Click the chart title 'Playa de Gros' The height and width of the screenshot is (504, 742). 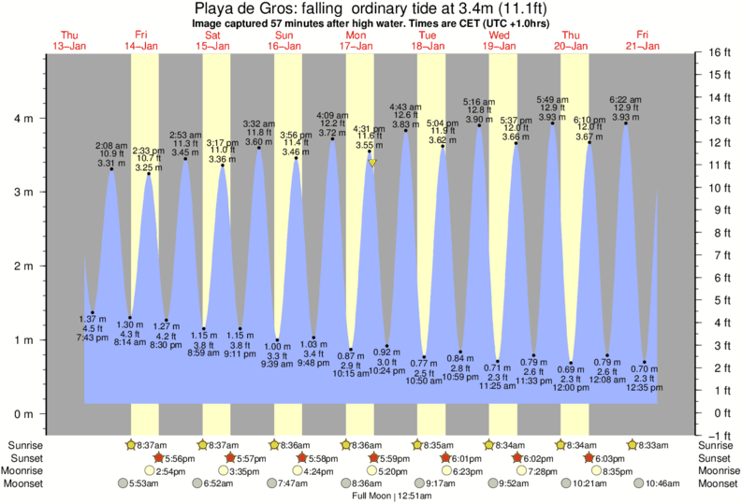click(x=270, y=8)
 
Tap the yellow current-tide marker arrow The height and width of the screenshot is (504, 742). click(x=372, y=163)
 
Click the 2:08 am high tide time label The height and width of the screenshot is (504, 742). click(x=110, y=146)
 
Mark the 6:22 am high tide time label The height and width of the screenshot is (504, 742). click(x=624, y=99)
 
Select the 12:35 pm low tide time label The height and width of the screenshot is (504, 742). click(x=646, y=386)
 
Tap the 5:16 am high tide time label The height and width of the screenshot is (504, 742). click(x=478, y=102)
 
